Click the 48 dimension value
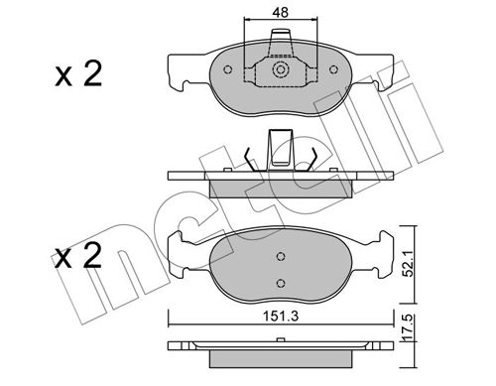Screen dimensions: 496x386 (x=281, y=12)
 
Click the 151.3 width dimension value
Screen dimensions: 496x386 (x=281, y=317)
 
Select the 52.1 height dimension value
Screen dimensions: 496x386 (x=409, y=264)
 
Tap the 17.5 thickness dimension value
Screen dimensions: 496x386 (x=409, y=327)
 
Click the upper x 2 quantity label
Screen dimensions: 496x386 (x=78, y=74)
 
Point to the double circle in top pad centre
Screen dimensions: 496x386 (x=281, y=69)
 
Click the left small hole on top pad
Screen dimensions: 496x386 (x=227, y=69)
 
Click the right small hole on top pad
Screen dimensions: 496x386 (x=334, y=69)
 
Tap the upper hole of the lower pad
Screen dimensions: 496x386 (x=281, y=256)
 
